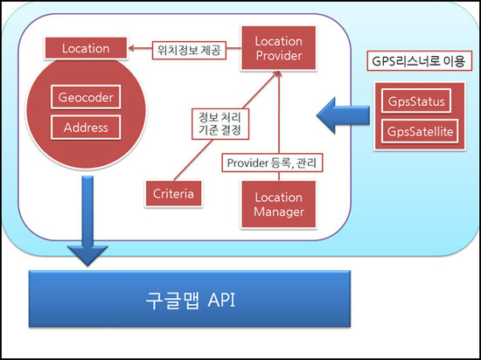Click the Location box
click(86, 48)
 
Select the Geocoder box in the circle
click(86, 97)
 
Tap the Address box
click(86, 128)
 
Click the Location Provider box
click(278, 48)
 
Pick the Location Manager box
click(278, 204)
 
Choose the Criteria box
click(173, 194)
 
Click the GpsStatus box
click(416, 101)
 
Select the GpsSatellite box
click(420, 131)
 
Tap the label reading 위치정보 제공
click(189, 51)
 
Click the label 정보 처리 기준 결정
click(220, 124)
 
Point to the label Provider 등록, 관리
click(272, 163)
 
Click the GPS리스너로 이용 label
click(419, 60)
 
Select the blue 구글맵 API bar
click(190, 299)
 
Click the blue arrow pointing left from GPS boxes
click(343, 115)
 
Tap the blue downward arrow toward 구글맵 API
click(87, 220)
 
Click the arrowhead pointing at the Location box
click(131, 48)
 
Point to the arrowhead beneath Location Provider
click(278, 73)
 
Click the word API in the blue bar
click(221, 300)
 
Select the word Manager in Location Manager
click(279, 211)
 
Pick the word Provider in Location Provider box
click(279, 56)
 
